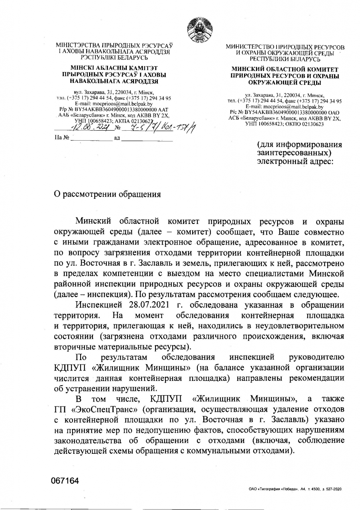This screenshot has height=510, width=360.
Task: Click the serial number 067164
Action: coord(65,481)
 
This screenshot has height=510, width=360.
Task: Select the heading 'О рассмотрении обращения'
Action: coord(107,194)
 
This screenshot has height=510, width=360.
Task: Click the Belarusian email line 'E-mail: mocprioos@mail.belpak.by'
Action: coord(114,103)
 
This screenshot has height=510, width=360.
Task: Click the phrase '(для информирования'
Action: coord(299,144)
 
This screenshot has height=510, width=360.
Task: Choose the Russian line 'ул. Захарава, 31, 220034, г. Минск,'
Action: coord(285,96)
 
